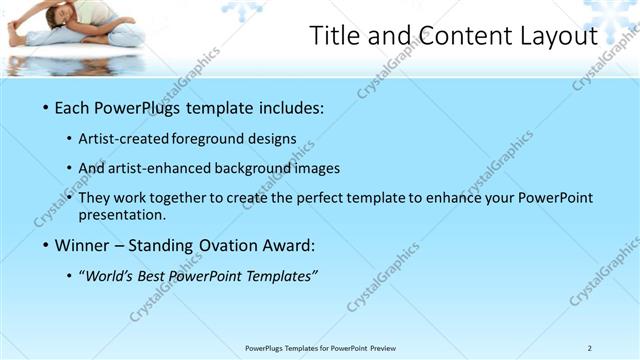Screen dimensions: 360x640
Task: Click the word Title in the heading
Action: point(335,37)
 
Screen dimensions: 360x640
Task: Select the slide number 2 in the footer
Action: point(590,348)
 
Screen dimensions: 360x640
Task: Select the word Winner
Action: point(84,245)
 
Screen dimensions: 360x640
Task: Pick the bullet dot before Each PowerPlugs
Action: point(43,107)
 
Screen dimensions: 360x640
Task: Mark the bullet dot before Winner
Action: point(43,245)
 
